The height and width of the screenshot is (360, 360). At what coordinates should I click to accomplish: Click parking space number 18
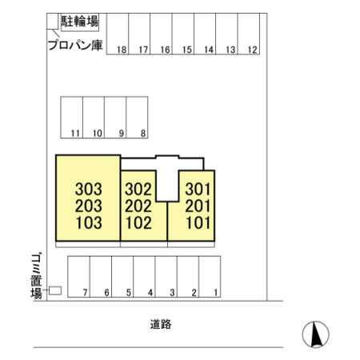coord(118,34)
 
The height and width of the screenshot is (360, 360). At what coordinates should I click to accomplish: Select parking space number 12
coord(249,34)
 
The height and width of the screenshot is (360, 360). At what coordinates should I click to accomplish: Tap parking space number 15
coord(183,34)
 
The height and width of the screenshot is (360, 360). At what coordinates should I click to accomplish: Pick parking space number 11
coord(72,118)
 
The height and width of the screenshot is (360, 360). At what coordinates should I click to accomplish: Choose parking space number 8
coord(137,118)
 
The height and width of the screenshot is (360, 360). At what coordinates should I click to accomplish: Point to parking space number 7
coord(79,277)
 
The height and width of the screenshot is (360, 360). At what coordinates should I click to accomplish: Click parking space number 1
coord(210,277)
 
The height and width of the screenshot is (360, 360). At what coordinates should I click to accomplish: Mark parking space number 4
coord(144,277)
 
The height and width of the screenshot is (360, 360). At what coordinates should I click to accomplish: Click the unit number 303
coord(89,189)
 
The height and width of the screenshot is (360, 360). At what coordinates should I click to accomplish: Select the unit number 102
coord(138,223)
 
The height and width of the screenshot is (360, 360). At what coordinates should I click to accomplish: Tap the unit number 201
coord(198,206)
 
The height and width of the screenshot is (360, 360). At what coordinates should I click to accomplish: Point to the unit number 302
coord(138,189)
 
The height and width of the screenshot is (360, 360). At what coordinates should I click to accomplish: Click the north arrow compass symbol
coord(316,334)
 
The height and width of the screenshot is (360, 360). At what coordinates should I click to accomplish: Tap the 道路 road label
coord(161,324)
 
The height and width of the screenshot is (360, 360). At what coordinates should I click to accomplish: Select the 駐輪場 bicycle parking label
coord(80,22)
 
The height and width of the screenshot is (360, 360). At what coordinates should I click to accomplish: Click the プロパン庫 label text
coord(75,45)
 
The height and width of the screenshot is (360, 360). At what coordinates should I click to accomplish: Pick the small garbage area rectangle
coord(55,290)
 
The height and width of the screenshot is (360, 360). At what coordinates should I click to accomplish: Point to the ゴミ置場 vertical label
coord(36,275)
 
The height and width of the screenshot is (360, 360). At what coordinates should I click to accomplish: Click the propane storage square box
coord(53,21)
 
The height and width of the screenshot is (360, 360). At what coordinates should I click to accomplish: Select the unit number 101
coord(198,223)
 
